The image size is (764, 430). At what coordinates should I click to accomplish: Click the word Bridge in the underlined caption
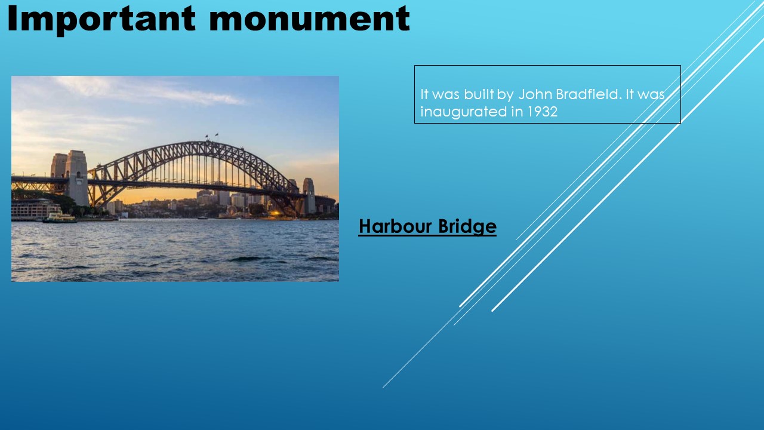[467, 227]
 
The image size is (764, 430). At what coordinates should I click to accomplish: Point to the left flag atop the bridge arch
[207, 137]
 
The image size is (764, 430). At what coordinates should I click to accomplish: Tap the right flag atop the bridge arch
[217, 135]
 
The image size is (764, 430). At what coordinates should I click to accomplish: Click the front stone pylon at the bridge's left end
[77, 177]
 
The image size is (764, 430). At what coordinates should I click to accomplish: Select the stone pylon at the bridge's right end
[309, 196]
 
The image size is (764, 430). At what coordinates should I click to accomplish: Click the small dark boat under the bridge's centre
[202, 217]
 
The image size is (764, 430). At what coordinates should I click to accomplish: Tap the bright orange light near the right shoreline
[276, 214]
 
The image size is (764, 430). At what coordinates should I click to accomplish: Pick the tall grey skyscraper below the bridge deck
[223, 198]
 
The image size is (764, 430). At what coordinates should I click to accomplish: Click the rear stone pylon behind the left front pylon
[58, 165]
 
